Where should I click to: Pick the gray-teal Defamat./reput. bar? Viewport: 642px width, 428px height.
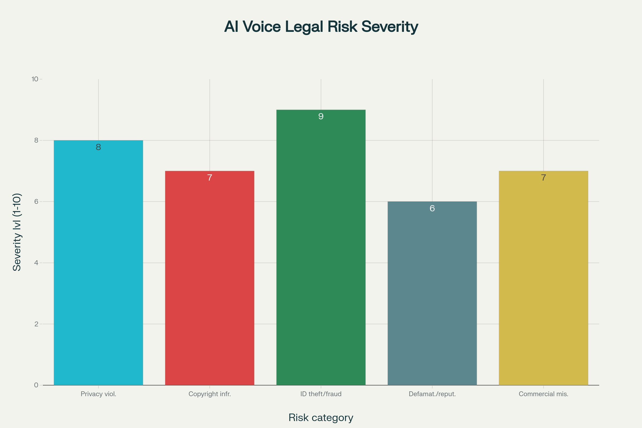coord(432,293)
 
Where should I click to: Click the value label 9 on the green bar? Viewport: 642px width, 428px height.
coord(321,117)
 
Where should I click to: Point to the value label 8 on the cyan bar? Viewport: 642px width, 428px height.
coord(98,147)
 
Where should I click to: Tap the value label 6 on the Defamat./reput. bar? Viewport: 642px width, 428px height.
coord(432,209)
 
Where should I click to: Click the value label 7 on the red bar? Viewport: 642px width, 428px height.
coord(210,178)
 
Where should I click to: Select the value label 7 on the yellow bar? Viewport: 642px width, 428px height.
coord(543,178)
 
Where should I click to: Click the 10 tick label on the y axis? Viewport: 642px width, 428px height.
coord(35,79)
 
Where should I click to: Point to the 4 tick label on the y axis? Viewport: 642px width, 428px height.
coord(36,263)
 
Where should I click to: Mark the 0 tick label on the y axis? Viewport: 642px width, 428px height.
coord(36,385)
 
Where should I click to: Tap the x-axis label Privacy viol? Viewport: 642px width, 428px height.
coord(98,394)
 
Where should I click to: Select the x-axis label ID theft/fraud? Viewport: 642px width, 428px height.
coord(321,394)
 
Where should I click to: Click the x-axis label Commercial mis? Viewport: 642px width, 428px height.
coord(543,394)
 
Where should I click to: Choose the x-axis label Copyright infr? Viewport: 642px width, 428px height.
coord(210,394)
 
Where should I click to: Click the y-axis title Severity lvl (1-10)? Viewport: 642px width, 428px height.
coord(17,232)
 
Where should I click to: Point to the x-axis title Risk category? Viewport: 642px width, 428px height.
coord(321,418)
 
